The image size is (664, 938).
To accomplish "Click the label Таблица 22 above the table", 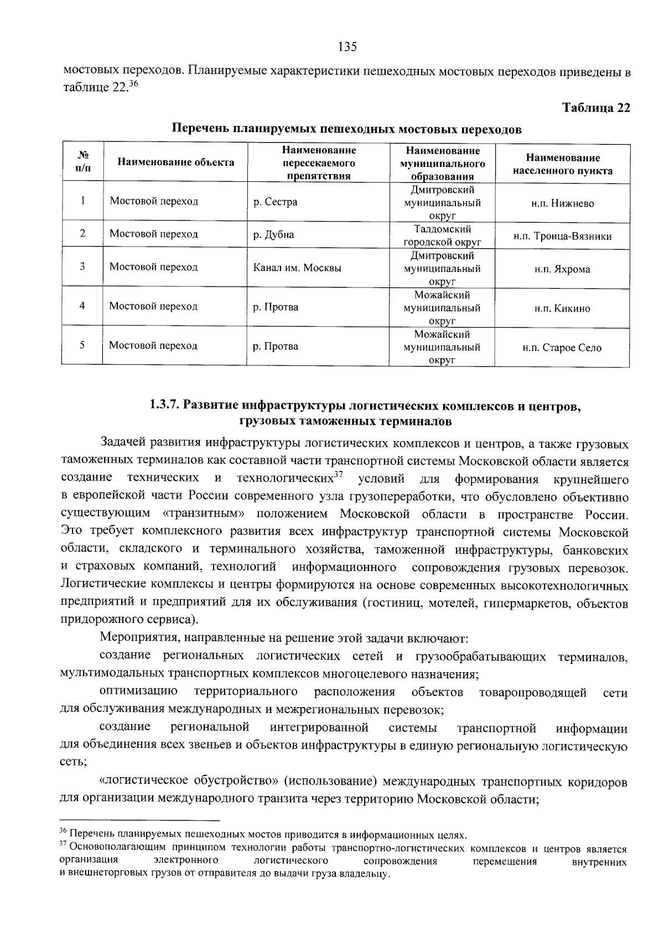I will point(596,107).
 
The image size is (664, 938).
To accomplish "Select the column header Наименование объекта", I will point(175,163).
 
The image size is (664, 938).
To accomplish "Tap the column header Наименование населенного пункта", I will point(562,164).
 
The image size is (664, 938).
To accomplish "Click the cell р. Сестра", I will point(275,202).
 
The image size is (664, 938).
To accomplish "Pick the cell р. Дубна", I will point(273,234).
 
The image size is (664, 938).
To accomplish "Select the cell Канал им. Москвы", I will point(297,268).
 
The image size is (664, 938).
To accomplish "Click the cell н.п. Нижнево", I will point(562,203).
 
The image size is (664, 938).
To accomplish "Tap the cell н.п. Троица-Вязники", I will point(562,237).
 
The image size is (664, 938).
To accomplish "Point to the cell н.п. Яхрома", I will point(562,270).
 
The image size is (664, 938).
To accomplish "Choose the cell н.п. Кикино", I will point(562,308).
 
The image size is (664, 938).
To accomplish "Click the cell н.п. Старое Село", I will point(562,348).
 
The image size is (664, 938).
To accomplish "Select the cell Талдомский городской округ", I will point(442,235).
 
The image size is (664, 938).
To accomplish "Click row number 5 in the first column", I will point(82,345).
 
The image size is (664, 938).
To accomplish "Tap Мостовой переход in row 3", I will point(153,267).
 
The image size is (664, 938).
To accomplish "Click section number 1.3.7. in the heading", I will point(164,406).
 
